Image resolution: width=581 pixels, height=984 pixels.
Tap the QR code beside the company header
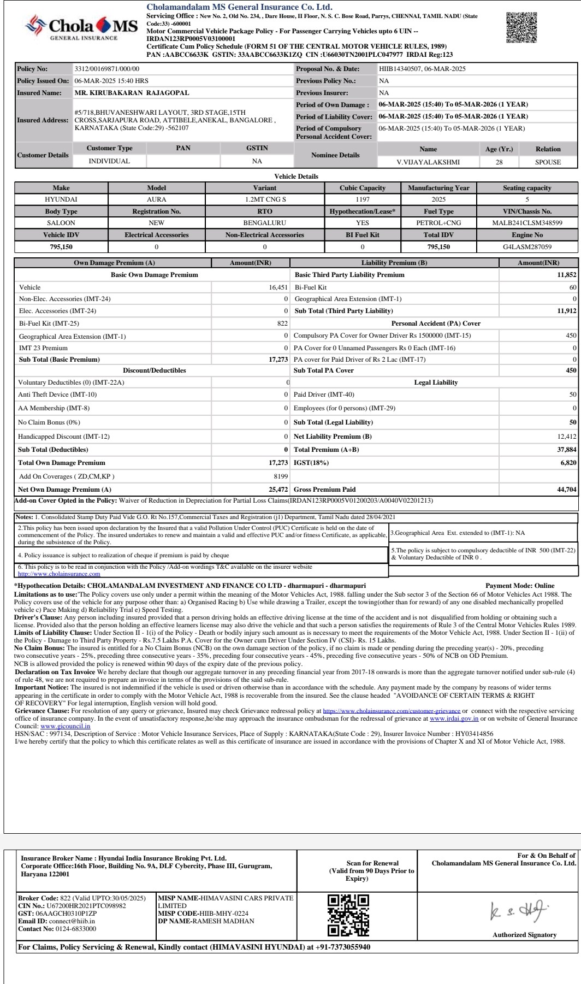[x=521, y=28]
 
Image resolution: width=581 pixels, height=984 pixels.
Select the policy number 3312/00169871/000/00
[x=107, y=69]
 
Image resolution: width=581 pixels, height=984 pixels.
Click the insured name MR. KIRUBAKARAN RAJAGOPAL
[x=132, y=93]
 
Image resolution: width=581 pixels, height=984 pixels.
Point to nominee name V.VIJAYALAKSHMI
[x=428, y=162]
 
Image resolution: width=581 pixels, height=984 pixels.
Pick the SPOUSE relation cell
[x=548, y=162]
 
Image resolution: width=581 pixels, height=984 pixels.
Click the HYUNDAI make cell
[x=61, y=199]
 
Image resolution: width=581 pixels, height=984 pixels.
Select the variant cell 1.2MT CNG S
[x=265, y=199]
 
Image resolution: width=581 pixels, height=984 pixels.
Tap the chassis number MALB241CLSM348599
[x=527, y=223]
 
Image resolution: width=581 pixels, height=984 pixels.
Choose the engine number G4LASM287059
[x=527, y=247]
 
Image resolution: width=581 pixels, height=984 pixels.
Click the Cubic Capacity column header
[x=363, y=188]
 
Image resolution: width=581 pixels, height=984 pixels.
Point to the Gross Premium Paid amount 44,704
[x=566, y=490]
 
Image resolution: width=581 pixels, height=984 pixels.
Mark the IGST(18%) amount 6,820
[x=568, y=463]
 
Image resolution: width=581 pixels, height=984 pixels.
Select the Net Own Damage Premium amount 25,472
[x=278, y=490]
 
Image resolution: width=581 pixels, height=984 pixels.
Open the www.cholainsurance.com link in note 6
[x=59, y=574]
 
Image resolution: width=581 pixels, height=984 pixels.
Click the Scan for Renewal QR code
[x=348, y=915]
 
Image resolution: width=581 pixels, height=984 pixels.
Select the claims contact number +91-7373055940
[x=343, y=947]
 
